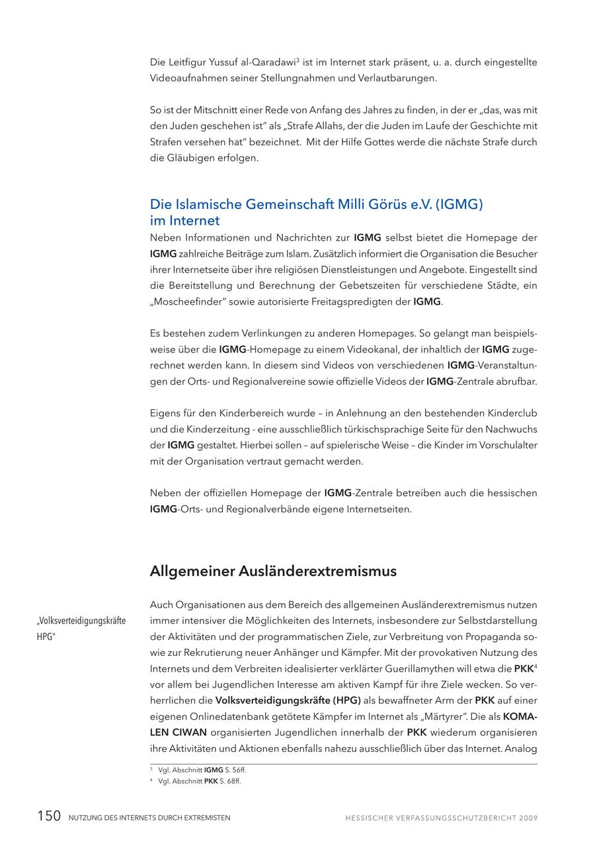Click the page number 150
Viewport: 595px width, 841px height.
pos(49,817)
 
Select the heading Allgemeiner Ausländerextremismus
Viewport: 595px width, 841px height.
pos(273,571)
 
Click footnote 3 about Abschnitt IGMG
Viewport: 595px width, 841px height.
pos(198,770)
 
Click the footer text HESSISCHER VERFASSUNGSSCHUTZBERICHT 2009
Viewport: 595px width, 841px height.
pos(441,818)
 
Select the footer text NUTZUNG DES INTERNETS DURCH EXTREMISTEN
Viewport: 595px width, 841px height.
pos(149,818)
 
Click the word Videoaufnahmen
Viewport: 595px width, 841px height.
pos(187,79)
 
